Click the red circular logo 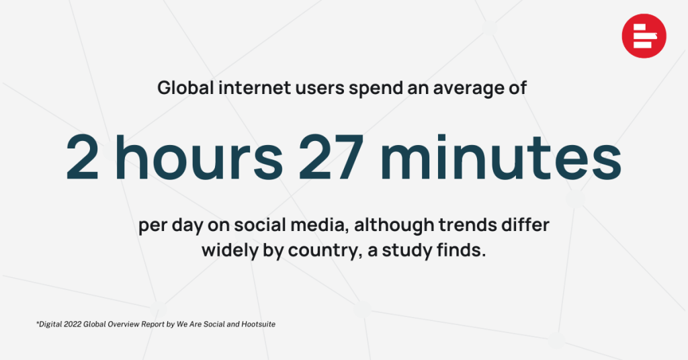644,36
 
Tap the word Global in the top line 185,88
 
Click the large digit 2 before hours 82,157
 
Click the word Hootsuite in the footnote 259,324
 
